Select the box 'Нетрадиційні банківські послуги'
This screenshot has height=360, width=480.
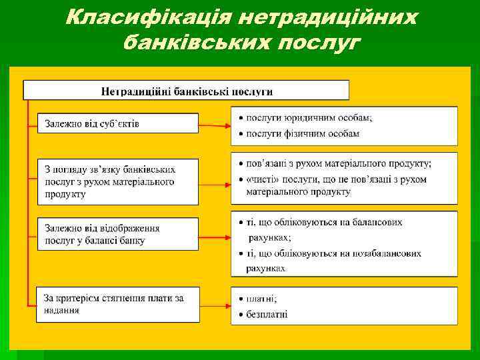coord(187,91)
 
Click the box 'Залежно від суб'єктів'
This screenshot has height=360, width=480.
coord(117,123)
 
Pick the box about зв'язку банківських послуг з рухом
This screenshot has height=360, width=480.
coord(117,181)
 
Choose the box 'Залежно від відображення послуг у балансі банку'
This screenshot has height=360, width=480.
coord(117,234)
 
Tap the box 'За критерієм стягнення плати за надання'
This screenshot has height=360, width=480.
coord(117,304)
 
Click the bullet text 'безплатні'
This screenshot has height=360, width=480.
coord(267,314)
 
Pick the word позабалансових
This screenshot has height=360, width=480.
coord(389,253)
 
